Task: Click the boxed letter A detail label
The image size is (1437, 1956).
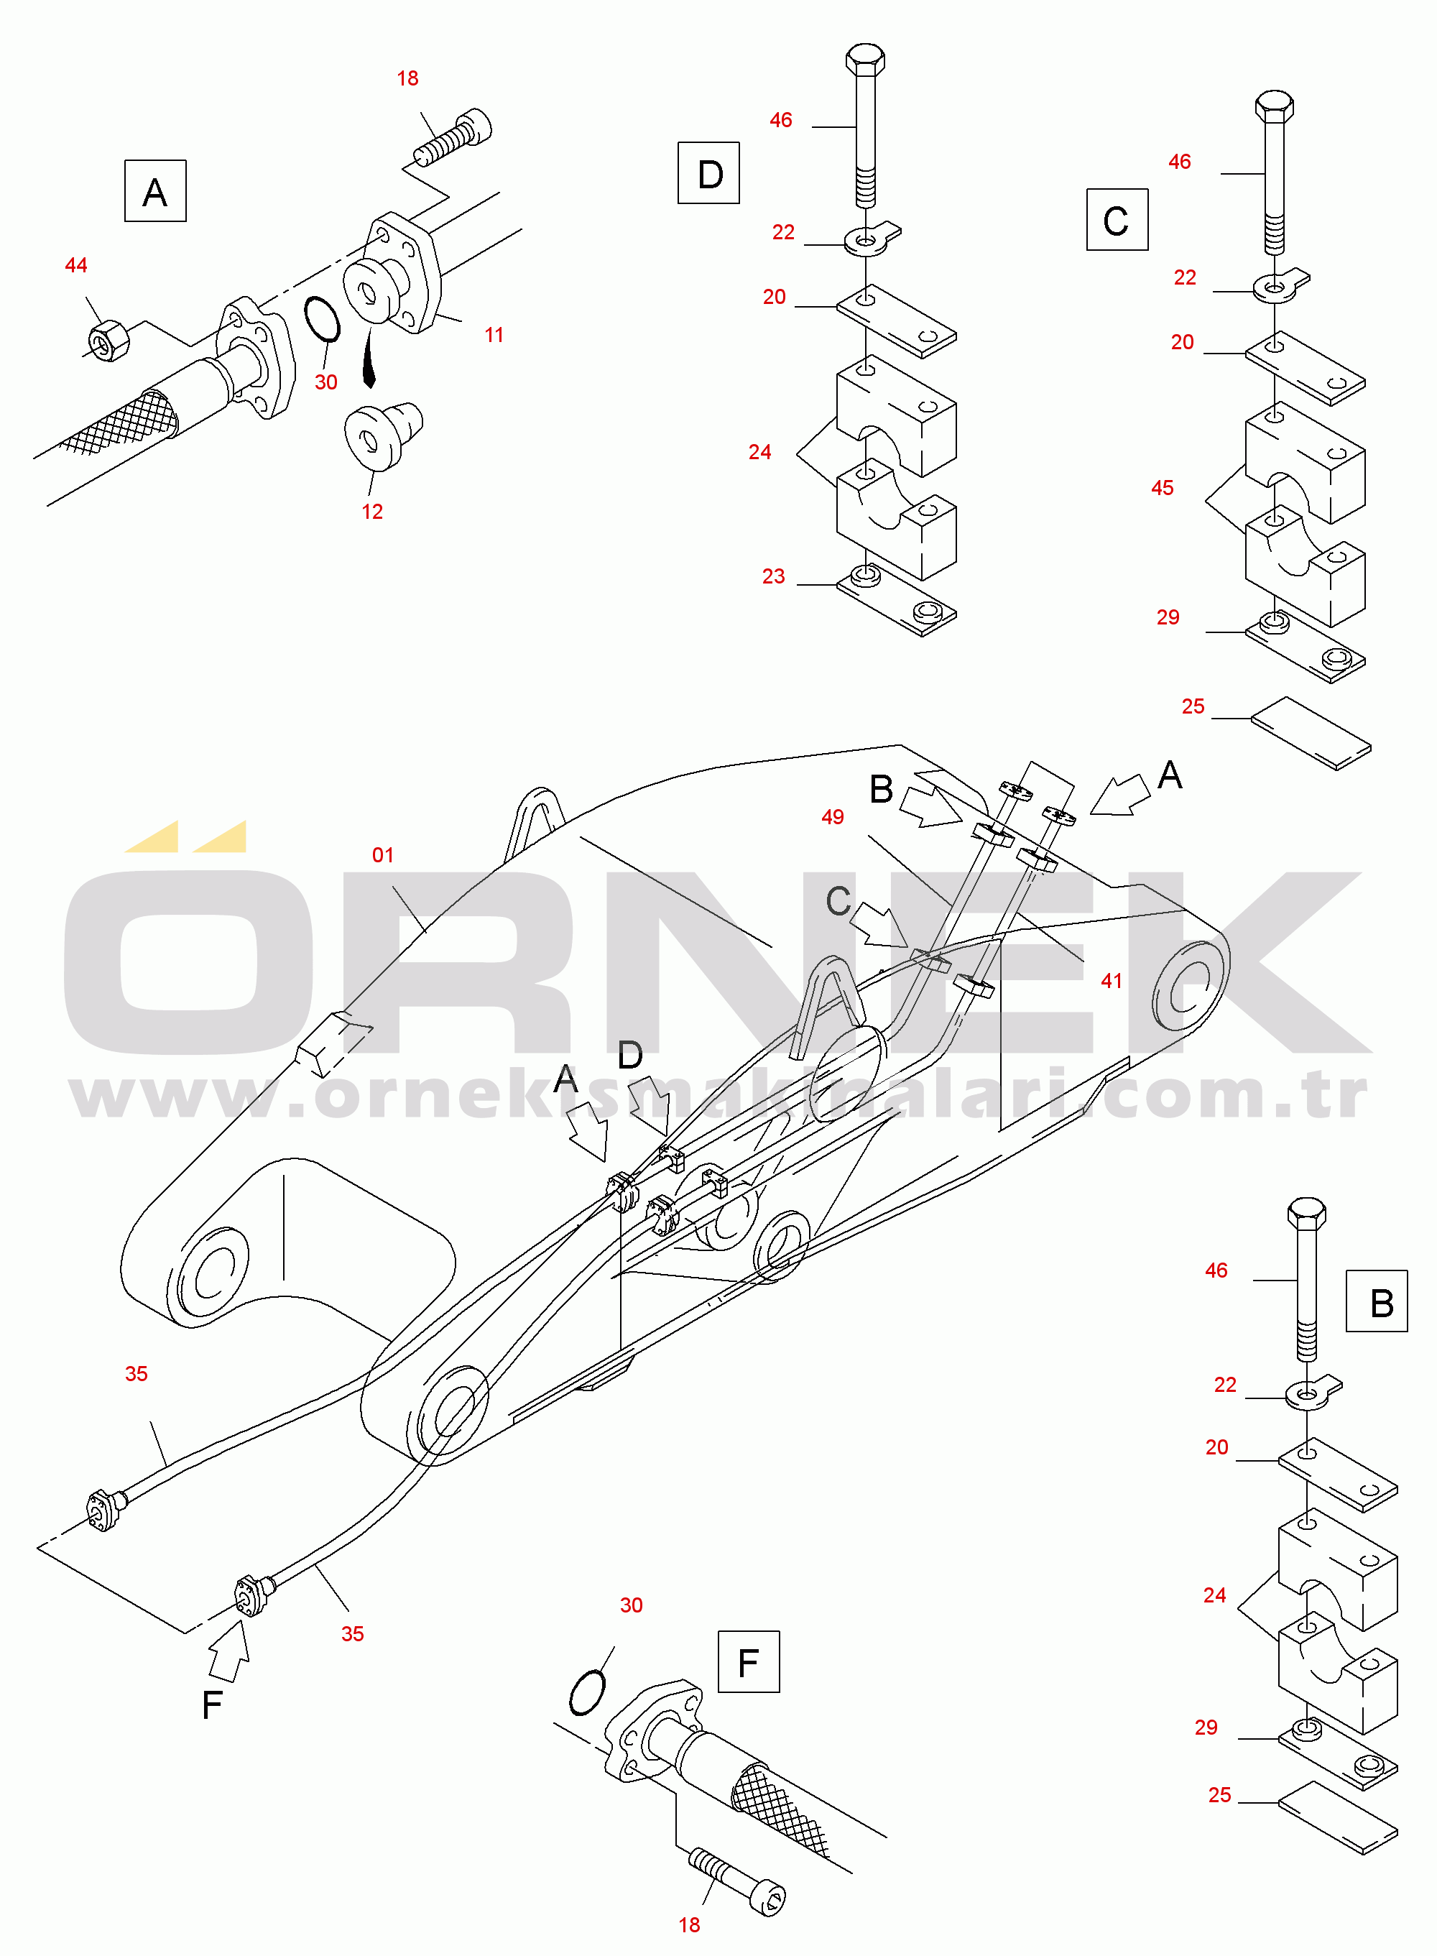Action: (154, 190)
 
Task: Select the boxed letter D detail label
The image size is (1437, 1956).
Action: (709, 173)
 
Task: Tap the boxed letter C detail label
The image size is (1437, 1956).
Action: (1117, 219)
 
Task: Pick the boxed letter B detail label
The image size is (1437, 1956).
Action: (1376, 1301)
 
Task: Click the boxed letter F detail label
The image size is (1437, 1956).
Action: (748, 1662)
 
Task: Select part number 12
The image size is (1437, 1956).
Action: (372, 512)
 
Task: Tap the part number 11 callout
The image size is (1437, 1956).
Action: (494, 335)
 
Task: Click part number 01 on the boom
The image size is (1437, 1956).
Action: (383, 855)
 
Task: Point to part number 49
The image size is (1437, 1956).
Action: (833, 816)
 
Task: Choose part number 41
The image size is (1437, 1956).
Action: (1112, 981)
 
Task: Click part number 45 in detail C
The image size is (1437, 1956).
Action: (1162, 488)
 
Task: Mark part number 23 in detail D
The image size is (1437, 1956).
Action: (773, 576)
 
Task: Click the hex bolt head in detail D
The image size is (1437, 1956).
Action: (866, 59)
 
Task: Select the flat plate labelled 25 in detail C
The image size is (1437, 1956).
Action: (1311, 732)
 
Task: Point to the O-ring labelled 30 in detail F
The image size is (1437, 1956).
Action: (586, 1692)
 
